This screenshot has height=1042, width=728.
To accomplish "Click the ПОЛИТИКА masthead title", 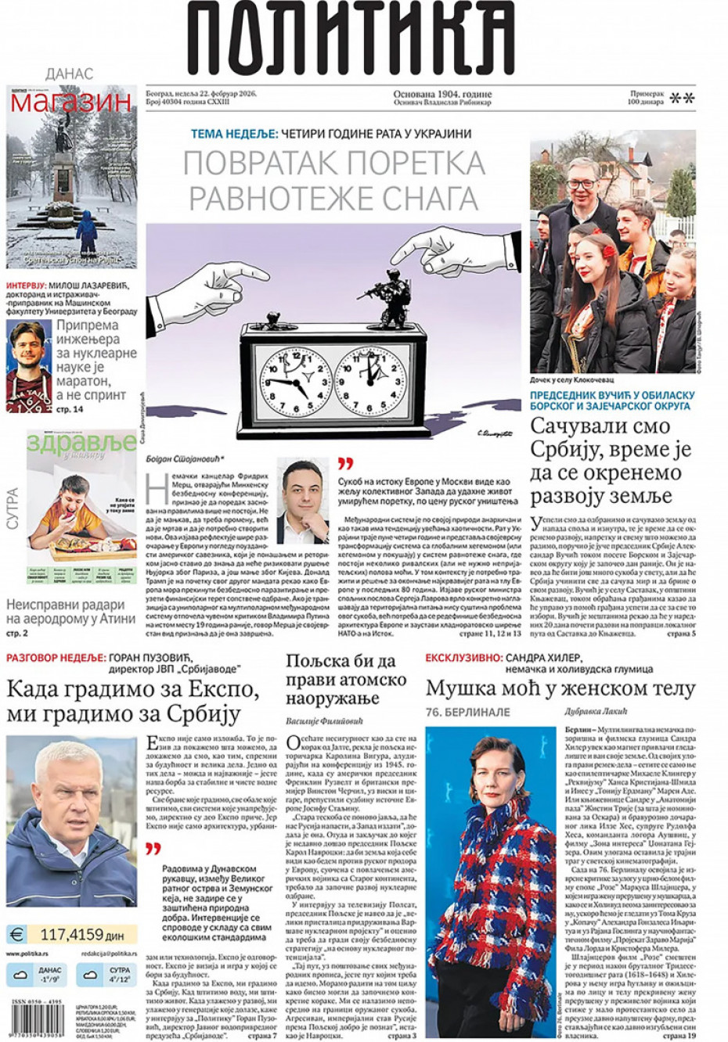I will click(350, 39).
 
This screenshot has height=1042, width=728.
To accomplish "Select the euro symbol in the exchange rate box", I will click(16, 933).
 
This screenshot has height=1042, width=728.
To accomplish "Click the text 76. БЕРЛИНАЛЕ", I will click(467, 712).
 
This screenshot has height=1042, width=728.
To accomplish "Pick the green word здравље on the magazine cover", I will click(81, 444).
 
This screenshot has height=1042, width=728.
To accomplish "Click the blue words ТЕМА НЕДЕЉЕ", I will click(234, 134).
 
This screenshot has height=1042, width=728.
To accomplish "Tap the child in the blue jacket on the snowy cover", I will click(86, 228).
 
